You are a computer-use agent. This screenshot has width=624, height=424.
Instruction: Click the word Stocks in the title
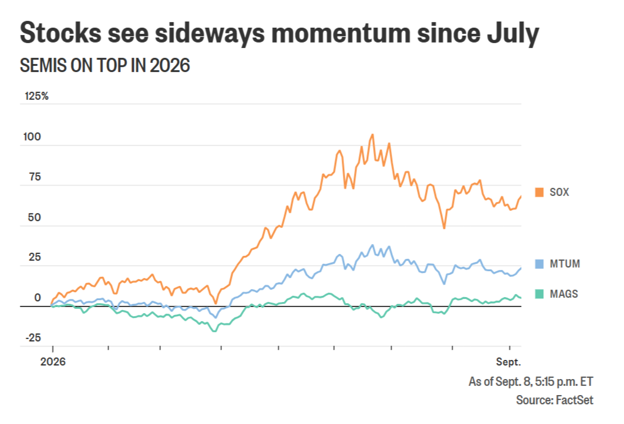60,33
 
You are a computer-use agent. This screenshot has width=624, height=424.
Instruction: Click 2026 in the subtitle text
170,65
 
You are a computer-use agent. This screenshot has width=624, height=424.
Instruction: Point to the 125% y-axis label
36,96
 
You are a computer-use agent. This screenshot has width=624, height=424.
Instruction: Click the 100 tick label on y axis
32,137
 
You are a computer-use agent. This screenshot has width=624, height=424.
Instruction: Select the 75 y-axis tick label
35,177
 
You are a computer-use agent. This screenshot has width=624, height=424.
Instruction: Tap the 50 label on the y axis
35,218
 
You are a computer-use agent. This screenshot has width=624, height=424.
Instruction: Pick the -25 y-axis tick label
33,338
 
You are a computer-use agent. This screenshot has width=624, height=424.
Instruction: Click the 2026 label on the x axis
53,362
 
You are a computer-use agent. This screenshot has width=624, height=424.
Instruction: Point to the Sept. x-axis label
508,362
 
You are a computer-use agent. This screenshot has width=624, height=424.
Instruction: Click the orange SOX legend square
540,192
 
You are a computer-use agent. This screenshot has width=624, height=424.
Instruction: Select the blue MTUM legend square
540,264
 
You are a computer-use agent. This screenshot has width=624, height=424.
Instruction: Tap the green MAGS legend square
540,294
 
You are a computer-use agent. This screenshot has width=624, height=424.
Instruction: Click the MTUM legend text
565,264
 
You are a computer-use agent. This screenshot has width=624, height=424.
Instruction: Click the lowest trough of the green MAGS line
215,331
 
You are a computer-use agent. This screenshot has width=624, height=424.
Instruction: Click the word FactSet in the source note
574,400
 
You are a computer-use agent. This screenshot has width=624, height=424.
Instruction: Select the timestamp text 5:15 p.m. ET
564,381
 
